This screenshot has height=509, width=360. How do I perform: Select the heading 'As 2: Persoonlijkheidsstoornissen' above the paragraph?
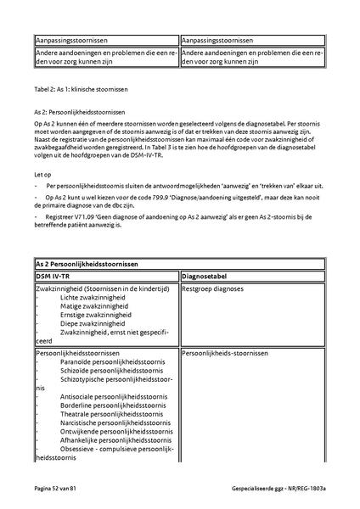click(x=79, y=112)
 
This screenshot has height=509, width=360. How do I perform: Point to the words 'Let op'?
click(x=42, y=173)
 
